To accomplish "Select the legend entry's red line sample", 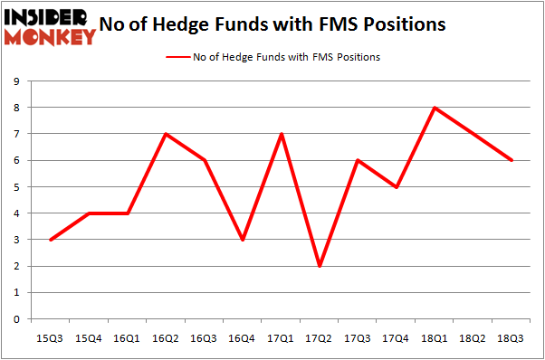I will click(x=177, y=57).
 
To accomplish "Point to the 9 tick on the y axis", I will click(x=17, y=81).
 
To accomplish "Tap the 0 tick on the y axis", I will click(x=17, y=318).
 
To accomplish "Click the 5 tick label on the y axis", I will click(x=17, y=187).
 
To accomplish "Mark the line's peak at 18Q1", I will click(x=436, y=108).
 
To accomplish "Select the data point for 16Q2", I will click(x=166, y=134).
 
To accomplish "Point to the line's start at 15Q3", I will click(x=50, y=240).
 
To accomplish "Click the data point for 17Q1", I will click(x=282, y=134).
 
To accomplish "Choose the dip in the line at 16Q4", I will click(x=243, y=240).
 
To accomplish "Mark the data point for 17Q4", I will click(x=397, y=187).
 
